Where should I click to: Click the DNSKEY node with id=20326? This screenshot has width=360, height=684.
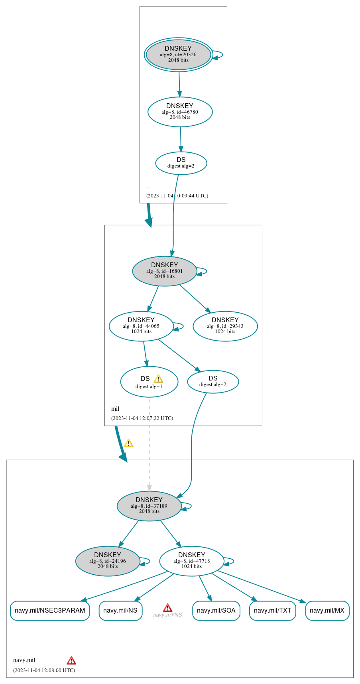[x=178, y=55]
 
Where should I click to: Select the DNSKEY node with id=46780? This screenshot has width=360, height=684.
[x=180, y=112]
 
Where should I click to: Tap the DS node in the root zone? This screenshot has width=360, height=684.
[x=181, y=163]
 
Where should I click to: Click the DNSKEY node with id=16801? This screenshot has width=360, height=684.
[x=164, y=271]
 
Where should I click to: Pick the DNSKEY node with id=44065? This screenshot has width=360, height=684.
[x=141, y=326]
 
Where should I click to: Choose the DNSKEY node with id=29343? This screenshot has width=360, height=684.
[x=225, y=326]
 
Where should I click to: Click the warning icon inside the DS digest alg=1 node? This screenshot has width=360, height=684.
[x=158, y=379]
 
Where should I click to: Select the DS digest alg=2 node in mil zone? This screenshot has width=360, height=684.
[x=213, y=382]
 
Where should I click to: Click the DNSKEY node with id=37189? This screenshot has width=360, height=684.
[x=149, y=506]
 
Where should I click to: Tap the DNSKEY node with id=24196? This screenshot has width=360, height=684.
[x=108, y=561]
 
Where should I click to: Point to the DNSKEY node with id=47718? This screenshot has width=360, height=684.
[x=192, y=561]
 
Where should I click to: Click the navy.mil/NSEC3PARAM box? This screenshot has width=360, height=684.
[x=50, y=611]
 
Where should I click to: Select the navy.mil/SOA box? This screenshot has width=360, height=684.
[x=216, y=611]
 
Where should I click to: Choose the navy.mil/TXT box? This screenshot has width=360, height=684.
[x=273, y=611]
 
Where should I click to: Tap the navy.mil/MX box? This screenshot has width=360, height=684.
[x=327, y=611]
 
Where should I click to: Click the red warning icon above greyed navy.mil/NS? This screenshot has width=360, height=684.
[x=167, y=608]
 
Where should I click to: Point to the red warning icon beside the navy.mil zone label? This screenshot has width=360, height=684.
[x=71, y=660]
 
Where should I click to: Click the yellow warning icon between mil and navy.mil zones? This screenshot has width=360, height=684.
[x=128, y=443]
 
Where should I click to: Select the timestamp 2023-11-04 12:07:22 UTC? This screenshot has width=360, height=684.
[x=142, y=418]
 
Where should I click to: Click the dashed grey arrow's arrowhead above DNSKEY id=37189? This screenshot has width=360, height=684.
[x=150, y=488]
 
